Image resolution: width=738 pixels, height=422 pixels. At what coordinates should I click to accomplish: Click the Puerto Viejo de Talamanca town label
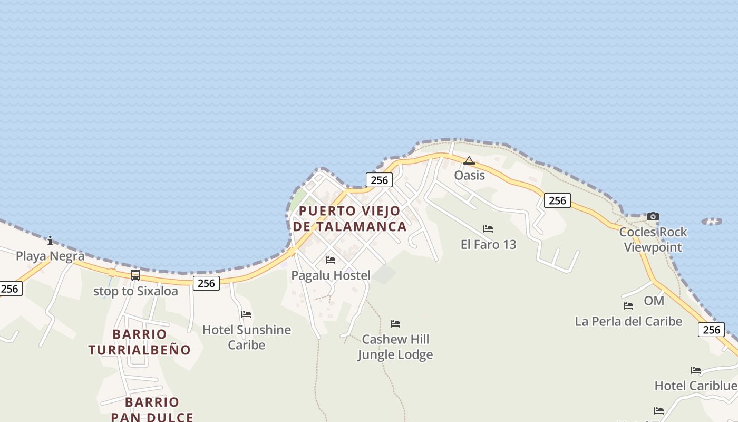click(350, 219)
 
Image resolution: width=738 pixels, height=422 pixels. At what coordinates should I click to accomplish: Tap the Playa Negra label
click(50, 256)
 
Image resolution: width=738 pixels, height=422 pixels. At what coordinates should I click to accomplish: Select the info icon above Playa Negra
click(50, 241)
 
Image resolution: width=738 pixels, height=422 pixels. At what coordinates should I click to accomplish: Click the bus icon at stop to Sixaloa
click(135, 275)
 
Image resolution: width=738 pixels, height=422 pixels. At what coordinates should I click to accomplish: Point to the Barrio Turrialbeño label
click(140, 342)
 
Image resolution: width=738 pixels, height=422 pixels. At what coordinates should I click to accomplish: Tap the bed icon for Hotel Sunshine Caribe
click(246, 314)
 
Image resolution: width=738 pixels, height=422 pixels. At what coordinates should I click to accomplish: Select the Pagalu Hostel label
click(331, 275)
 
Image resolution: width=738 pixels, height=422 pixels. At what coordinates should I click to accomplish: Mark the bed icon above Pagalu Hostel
click(331, 260)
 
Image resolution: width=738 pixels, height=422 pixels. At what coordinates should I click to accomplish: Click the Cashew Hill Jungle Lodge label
click(395, 347)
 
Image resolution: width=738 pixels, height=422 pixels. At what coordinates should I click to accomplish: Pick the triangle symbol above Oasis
click(469, 160)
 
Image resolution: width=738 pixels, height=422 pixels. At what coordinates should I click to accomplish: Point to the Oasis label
click(469, 175)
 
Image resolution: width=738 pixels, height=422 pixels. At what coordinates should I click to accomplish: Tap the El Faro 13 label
click(489, 244)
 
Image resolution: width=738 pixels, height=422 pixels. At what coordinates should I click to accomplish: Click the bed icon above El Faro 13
click(488, 229)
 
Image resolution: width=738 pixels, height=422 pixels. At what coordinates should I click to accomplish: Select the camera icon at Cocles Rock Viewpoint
click(653, 216)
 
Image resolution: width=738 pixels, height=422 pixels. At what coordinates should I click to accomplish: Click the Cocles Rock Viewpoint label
click(653, 239)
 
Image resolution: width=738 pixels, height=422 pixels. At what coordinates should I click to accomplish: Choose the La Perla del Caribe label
click(628, 321)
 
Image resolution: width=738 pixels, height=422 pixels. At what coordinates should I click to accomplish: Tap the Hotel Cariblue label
click(696, 386)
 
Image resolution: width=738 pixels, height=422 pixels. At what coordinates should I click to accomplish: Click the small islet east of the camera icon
click(712, 222)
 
